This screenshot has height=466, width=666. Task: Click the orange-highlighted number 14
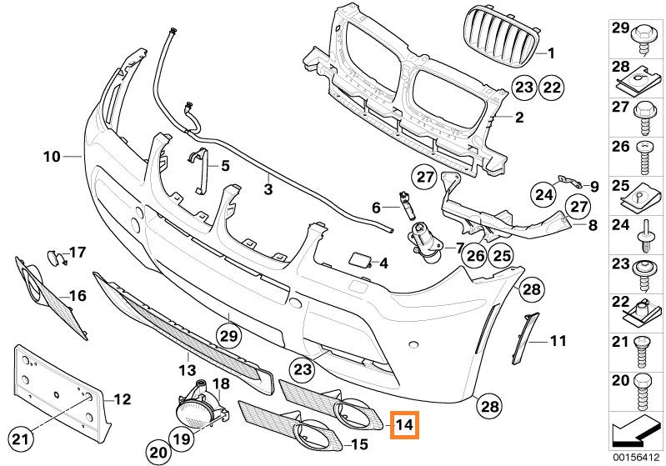point(405,424)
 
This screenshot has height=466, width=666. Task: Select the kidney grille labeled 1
point(501,39)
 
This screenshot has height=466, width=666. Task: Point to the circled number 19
point(182,438)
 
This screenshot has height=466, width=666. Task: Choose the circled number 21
point(21,439)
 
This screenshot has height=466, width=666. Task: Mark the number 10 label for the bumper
point(52,157)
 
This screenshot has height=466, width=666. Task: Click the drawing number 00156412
point(636,458)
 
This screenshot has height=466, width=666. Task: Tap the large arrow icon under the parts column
point(635,433)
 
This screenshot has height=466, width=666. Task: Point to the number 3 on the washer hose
point(268,189)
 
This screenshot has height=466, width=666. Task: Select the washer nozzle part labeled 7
point(426,243)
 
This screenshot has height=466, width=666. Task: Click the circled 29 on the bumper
point(228,337)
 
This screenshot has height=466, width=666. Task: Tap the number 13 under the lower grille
point(188,370)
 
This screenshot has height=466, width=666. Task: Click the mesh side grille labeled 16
point(52,298)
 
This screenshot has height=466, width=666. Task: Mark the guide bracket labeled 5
point(199,170)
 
